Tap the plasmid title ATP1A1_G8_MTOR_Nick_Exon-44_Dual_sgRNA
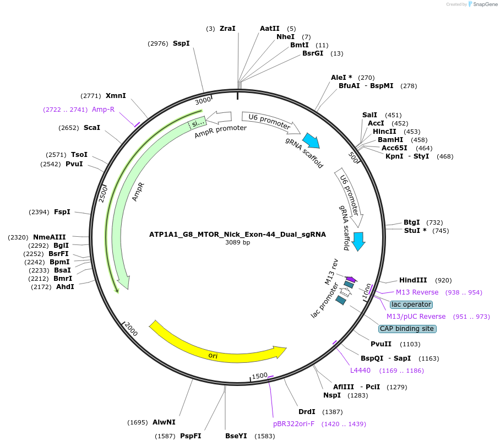[x=237, y=234]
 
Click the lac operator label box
[x=411, y=304]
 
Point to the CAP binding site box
[x=407, y=329]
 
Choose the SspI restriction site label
[x=181, y=43]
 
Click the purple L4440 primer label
[x=361, y=371]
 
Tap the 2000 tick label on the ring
[x=131, y=329]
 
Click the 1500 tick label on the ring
[x=259, y=376]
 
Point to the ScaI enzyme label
[x=92, y=128]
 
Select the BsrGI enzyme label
[x=313, y=53]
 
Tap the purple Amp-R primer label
[x=103, y=110]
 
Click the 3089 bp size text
[x=237, y=242]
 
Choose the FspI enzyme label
[x=62, y=212]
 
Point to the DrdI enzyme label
[x=307, y=412]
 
